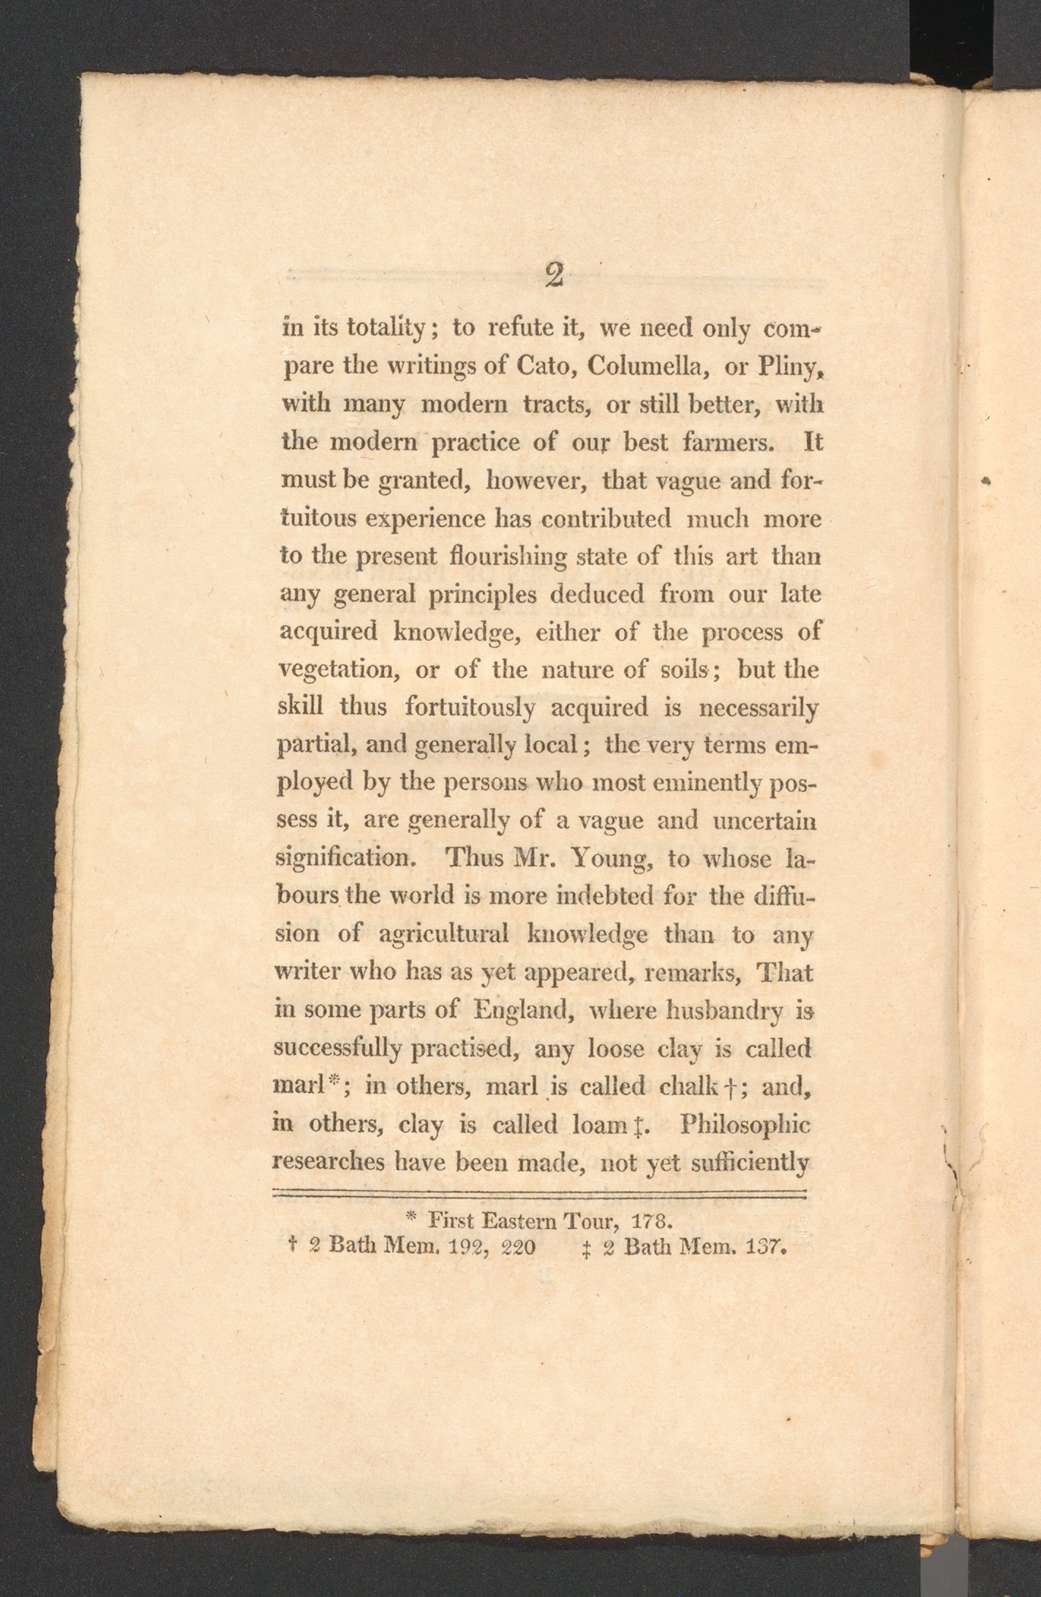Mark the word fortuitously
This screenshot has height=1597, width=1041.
click(470, 708)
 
